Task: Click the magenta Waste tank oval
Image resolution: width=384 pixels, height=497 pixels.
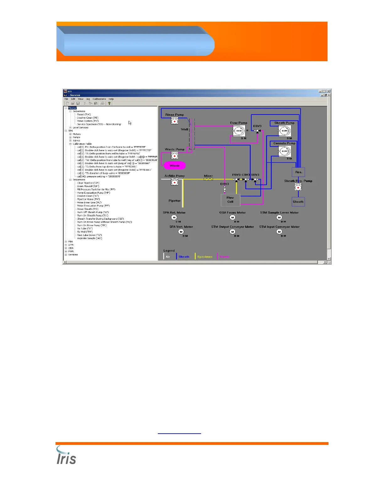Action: point(175,165)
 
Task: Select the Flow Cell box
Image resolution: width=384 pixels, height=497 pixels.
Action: point(231,200)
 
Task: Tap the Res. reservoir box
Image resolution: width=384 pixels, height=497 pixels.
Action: point(298,172)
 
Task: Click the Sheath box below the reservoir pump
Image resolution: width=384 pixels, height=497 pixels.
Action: point(298,202)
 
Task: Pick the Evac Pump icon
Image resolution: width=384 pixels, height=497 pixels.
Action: point(239,131)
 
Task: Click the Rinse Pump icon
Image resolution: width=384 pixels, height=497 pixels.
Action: point(174,121)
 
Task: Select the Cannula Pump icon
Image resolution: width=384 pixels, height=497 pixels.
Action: point(285,151)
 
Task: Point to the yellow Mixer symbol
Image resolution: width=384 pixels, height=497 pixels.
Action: point(208,179)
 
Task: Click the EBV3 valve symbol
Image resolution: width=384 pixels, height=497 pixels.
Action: point(257,131)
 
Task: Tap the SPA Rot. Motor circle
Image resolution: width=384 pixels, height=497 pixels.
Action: point(174,217)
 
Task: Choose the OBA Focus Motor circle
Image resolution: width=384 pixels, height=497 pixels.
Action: point(232,217)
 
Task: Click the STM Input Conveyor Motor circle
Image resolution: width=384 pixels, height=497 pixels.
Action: point(279,232)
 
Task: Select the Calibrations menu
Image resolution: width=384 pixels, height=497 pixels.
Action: point(99,99)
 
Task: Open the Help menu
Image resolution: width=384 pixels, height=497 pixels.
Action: point(111,99)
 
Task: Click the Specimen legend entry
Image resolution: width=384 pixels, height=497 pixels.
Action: point(205,257)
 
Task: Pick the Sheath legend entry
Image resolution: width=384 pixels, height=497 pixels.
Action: point(184,257)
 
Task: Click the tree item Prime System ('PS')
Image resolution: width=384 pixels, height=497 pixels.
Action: point(88,121)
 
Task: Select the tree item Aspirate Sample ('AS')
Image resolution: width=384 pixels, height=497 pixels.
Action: point(89,238)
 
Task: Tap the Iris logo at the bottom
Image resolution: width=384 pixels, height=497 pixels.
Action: point(66,456)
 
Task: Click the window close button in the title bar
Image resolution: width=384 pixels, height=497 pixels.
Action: point(328,91)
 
